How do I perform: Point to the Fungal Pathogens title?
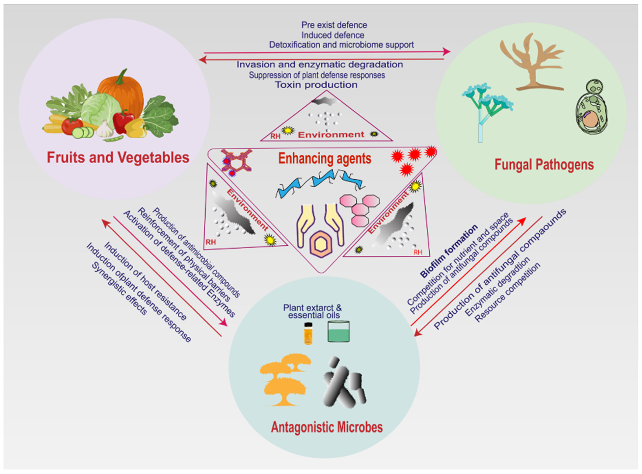(544, 165)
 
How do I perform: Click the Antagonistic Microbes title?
(327, 427)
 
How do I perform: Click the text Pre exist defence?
(334, 25)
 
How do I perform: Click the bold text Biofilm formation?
(448, 251)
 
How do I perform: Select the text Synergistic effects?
(119, 288)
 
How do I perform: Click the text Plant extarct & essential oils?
(312, 311)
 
